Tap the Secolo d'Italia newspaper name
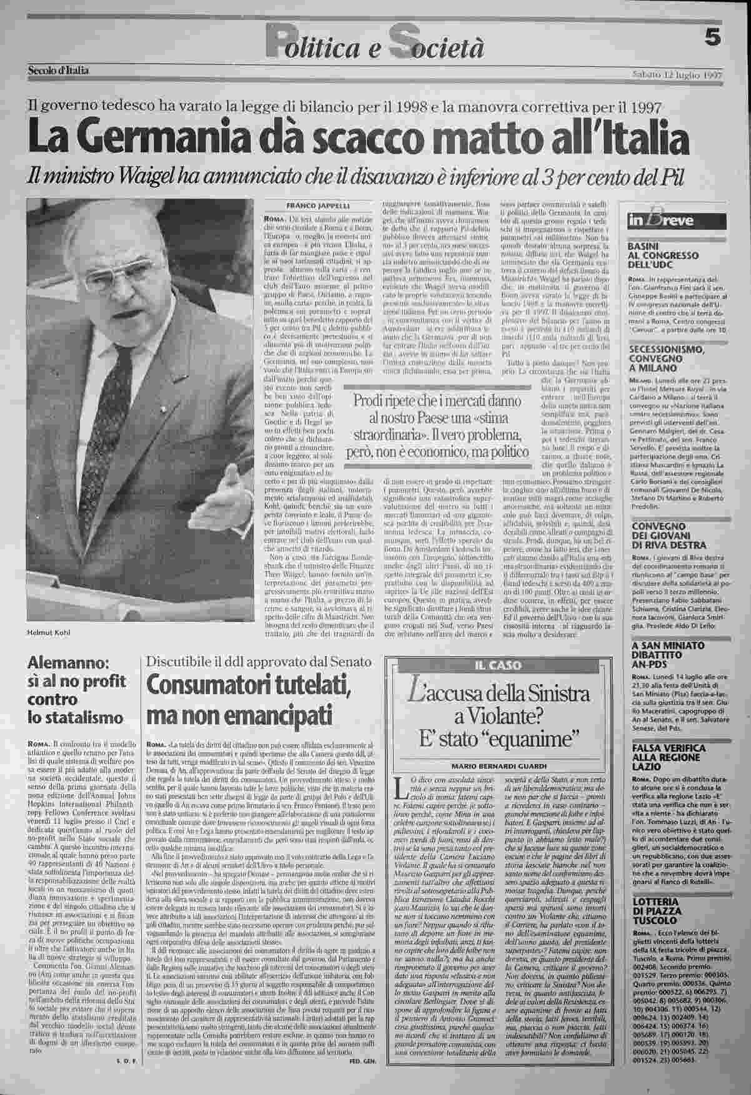point(59,71)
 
